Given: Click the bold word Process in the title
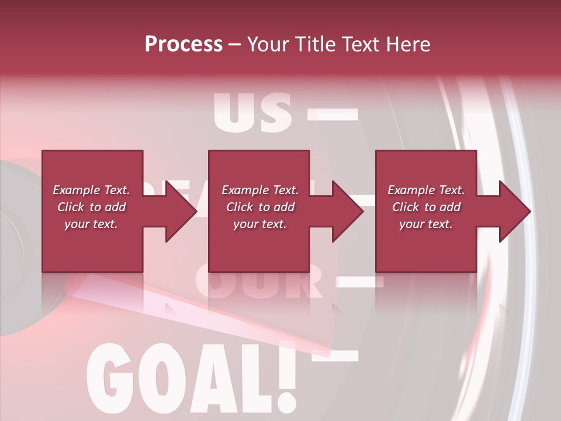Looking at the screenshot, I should coord(183,44).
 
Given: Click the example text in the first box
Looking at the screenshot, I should coord(91,207).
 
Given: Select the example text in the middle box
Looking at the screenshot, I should coord(259,207).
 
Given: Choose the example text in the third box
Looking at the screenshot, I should coord(426,207).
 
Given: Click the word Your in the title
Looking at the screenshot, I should coord(268,44).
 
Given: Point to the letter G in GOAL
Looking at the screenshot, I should coord(108,377).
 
